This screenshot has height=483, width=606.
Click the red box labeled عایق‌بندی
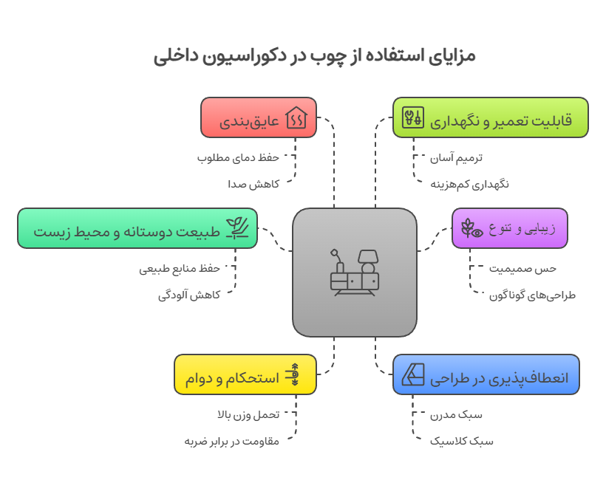pyautogui.click(x=259, y=117)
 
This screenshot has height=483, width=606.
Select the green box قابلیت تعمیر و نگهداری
pyautogui.click(x=490, y=117)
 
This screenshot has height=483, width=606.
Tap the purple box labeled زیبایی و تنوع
pyautogui.click(x=510, y=227)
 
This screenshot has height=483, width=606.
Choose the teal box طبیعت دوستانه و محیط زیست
pyautogui.click(x=137, y=227)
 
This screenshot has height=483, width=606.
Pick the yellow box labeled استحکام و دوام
pyautogui.click(x=245, y=374)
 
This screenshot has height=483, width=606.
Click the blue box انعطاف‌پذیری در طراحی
pyautogui.click(x=486, y=374)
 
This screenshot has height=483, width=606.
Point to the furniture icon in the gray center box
pyautogui.click(x=355, y=273)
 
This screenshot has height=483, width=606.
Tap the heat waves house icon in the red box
pyautogui.click(x=297, y=117)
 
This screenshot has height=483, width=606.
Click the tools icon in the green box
pyautogui.click(x=412, y=117)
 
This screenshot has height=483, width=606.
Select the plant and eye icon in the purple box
pyautogui.click(x=471, y=227)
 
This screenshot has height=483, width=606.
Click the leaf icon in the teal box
pyautogui.click(x=237, y=227)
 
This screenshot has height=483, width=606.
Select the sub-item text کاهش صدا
pyautogui.click(x=253, y=184)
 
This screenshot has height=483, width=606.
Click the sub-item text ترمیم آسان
pyautogui.click(x=457, y=157)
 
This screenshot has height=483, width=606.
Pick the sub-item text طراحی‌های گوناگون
pyautogui.click(x=532, y=295)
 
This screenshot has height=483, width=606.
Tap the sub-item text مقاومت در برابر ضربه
pyautogui.click(x=231, y=441)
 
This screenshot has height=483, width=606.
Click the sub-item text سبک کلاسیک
pyautogui.click(x=462, y=441)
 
